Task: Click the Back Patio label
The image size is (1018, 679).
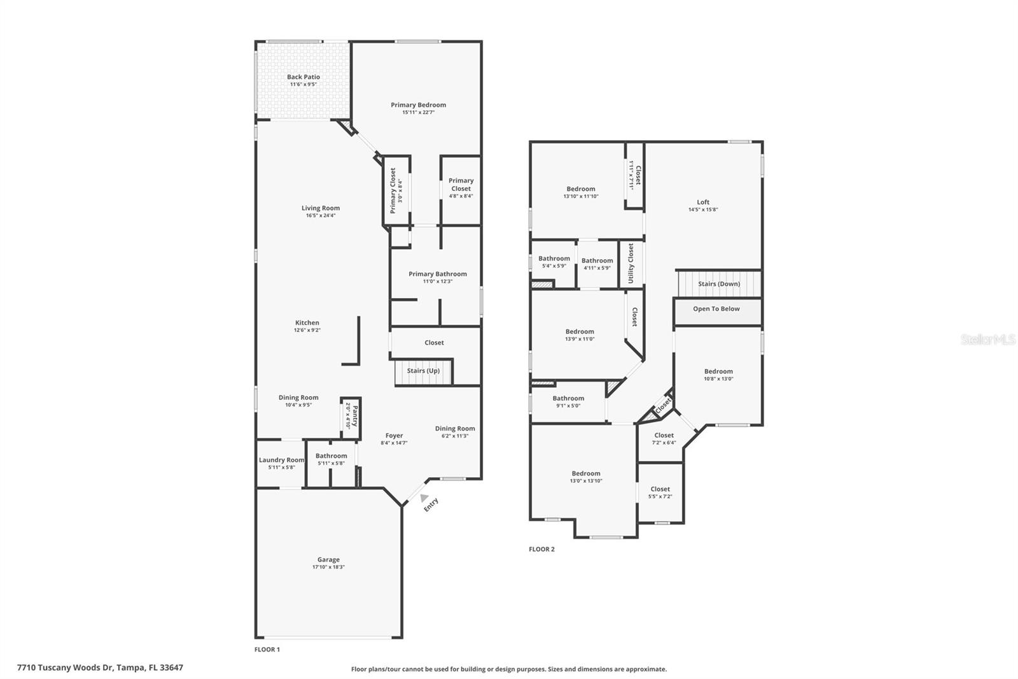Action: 303,77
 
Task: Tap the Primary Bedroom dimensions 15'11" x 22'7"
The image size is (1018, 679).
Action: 418,113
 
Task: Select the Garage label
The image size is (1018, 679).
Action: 328,560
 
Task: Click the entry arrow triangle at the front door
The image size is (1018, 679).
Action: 424,497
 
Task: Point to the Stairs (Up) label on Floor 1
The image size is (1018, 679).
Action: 423,371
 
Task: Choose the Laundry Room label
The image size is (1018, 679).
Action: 281,460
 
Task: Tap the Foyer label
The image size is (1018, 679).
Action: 394,436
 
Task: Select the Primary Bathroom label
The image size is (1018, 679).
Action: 437,274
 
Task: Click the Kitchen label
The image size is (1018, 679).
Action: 307,323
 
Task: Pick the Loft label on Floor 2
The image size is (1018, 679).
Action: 703,203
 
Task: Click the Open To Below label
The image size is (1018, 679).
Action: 716,309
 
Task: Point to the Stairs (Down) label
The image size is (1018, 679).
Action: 719,284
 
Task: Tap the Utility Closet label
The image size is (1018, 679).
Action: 631,263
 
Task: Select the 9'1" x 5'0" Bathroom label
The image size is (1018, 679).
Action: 568,398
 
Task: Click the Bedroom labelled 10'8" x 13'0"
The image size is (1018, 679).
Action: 718,371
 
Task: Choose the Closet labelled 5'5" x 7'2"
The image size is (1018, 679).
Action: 660,489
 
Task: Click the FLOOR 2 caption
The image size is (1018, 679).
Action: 541,549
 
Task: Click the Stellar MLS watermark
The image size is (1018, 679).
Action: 987,340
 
